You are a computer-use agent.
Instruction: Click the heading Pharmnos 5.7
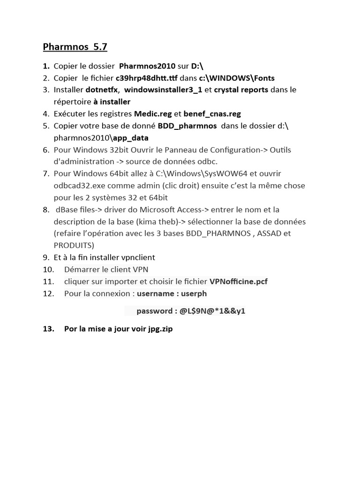75,47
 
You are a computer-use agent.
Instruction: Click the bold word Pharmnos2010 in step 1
147,66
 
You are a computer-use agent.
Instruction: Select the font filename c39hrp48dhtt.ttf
147,78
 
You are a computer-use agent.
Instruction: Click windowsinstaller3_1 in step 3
163,90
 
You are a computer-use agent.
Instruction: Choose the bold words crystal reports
241,90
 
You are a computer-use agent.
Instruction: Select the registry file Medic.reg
153,113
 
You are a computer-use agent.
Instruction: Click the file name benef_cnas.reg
212,113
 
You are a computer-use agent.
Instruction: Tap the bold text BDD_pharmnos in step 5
187,126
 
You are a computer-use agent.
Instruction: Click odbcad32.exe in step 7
77,186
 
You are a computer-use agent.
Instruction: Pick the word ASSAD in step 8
270,233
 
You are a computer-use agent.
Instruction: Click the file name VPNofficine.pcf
238,281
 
